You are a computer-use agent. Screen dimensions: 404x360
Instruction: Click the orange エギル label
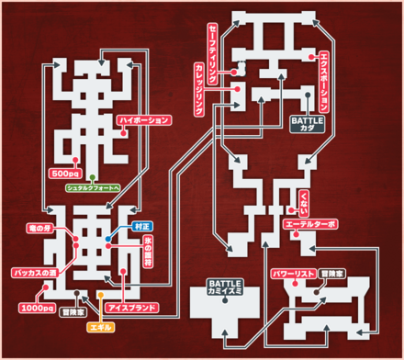click(x=98, y=326)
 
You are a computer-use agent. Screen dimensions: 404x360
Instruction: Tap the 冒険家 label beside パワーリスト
click(x=334, y=274)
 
